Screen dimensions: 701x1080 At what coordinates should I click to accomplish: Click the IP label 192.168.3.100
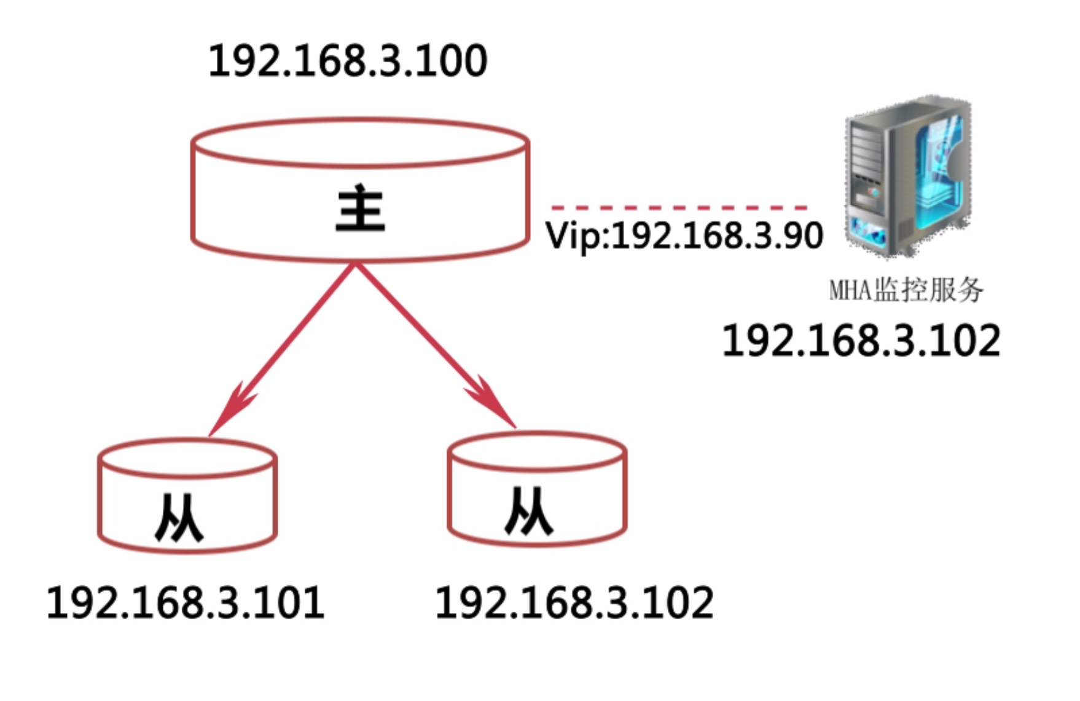tap(348, 61)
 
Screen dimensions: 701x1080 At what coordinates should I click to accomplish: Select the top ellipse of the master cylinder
tap(361, 143)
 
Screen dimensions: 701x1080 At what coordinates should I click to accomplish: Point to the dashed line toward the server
tap(679, 208)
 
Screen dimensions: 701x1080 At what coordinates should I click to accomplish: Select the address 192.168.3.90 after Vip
tap(717, 236)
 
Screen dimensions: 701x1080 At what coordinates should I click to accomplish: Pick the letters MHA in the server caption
tap(851, 290)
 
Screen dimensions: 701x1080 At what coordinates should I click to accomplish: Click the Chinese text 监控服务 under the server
tap(928, 290)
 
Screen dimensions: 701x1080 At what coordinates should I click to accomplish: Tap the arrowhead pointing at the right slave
tap(495, 403)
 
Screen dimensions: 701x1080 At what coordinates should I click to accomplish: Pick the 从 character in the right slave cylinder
tap(529, 511)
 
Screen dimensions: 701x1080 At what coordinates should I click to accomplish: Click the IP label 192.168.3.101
tap(186, 603)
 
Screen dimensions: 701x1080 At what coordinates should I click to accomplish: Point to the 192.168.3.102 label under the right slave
tap(574, 603)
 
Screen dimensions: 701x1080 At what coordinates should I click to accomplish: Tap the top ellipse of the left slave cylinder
tap(187, 459)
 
